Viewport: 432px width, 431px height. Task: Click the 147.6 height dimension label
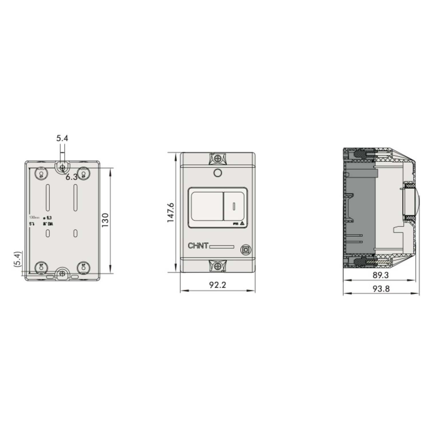(171, 212)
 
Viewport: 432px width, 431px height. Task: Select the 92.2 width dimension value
(217, 285)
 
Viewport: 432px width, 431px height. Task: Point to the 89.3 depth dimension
(381, 275)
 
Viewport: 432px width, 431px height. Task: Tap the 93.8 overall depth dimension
(381, 289)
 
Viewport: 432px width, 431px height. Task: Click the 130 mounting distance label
(106, 220)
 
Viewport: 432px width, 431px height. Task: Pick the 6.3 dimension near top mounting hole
(72, 177)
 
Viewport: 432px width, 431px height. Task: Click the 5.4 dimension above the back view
(62, 138)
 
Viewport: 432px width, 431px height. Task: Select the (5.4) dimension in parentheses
(17, 259)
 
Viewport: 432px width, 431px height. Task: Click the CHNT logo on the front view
(198, 246)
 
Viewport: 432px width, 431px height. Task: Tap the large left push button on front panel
(207, 206)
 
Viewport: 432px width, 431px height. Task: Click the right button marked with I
(234, 206)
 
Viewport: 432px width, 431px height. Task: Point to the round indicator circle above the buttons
(217, 173)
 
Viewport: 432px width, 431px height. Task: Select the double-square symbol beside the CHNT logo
(245, 250)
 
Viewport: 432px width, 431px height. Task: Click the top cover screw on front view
(217, 158)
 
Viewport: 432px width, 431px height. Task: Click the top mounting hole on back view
(62, 167)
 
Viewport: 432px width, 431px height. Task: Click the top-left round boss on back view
(41, 174)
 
